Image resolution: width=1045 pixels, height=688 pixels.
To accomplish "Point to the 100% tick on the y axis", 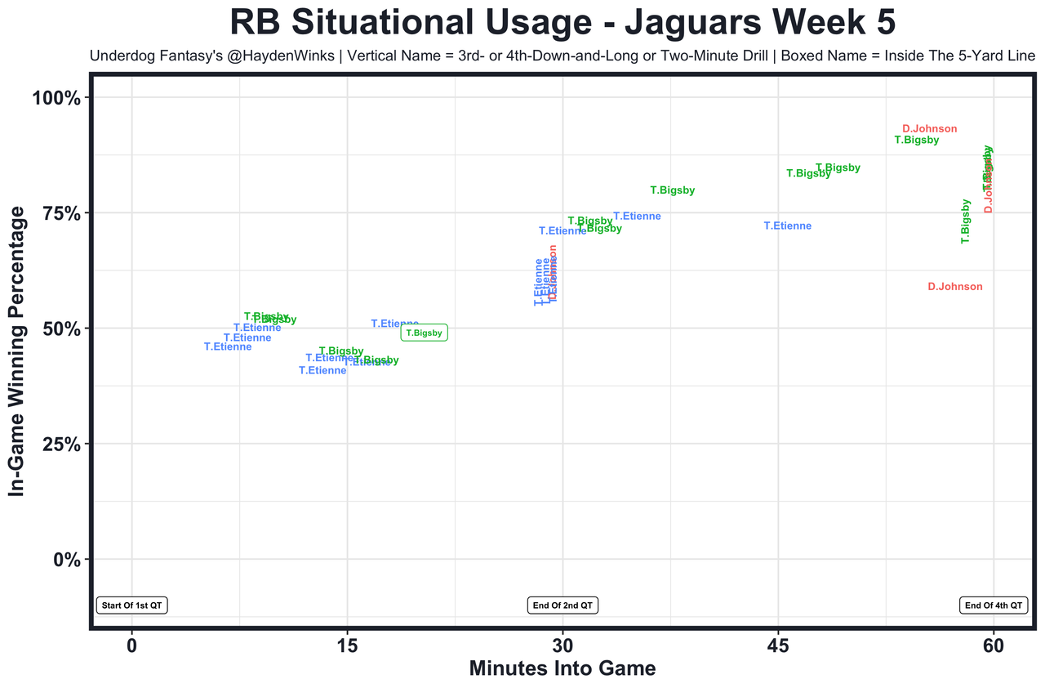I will [x=56, y=98].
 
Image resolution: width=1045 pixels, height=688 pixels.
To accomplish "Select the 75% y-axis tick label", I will [x=60, y=213].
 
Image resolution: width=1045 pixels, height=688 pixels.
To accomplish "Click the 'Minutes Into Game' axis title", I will [x=563, y=668].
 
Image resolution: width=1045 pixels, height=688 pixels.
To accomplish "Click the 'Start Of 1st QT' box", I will [x=131, y=605].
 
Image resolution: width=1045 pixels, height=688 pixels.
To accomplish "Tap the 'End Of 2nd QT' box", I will [x=563, y=605].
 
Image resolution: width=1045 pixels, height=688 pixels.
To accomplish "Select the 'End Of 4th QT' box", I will [x=993, y=605].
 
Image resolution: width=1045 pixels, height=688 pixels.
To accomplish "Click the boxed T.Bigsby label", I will [x=424, y=333].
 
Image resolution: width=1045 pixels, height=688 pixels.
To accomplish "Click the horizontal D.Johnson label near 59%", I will [x=955, y=287].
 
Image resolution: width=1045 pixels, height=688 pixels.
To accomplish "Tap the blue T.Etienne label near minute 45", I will [x=788, y=226].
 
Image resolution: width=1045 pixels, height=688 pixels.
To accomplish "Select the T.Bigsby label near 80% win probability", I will [x=672, y=190].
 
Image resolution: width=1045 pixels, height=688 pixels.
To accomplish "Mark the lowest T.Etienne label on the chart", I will [x=322, y=371].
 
